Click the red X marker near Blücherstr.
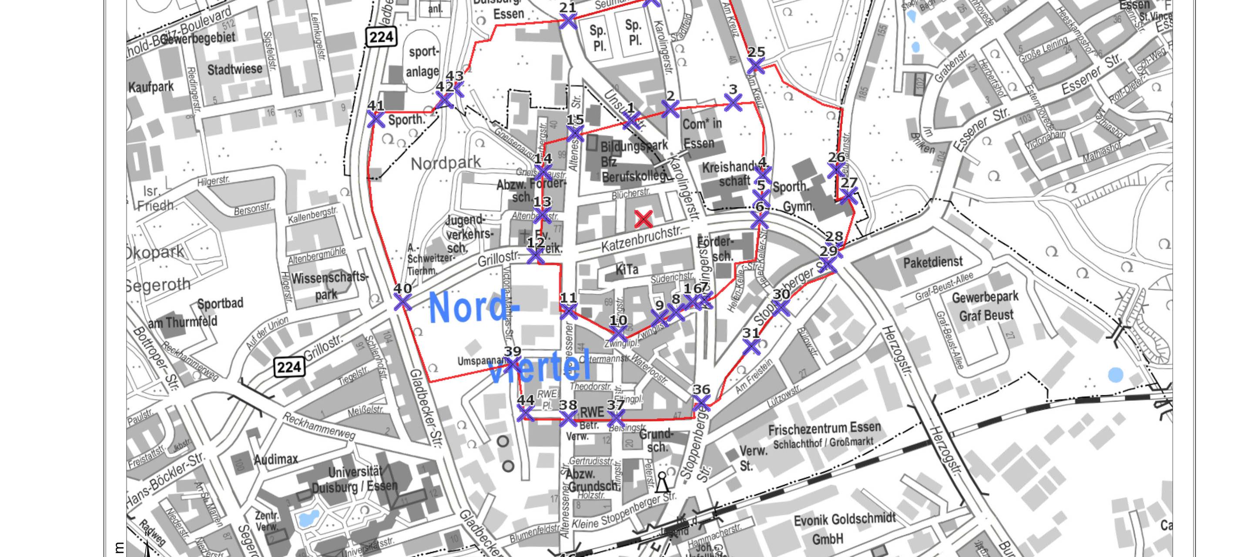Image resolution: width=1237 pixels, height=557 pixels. (644, 219)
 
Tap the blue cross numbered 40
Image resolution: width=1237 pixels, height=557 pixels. (402, 302)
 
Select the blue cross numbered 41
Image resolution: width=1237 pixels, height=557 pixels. (375, 119)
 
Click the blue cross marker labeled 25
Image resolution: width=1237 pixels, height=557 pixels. (756, 66)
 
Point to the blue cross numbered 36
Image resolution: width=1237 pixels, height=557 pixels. (701, 403)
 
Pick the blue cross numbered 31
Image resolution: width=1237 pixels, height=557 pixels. (751, 347)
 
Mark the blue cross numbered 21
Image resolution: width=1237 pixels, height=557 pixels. (568, 21)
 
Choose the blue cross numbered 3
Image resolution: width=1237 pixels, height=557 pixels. (733, 102)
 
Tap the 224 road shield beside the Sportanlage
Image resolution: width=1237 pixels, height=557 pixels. (381, 37)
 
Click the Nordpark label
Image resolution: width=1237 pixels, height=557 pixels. (446, 163)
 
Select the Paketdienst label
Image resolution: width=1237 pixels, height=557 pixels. (932, 262)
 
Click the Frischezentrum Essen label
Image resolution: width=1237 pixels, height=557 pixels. (824, 428)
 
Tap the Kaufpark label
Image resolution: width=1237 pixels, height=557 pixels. (151, 87)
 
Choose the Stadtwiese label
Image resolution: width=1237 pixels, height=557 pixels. (235, 70)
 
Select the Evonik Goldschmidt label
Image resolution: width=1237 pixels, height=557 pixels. (844, 520)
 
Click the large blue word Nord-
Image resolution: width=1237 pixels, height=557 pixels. (473, 307)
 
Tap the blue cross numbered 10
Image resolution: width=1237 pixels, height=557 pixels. (617, 333)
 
